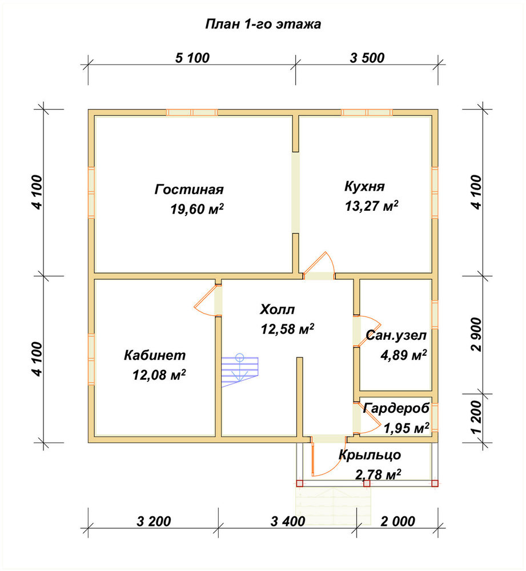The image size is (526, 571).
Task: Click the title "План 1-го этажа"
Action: pos(263,24)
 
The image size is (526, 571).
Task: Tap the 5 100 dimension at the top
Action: pos(192,58)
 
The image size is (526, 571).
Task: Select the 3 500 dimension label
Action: pos(367,58)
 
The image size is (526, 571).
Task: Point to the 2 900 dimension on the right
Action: pos(476,334)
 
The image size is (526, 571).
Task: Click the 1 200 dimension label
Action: pos(476,418)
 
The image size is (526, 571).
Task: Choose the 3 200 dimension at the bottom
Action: pos(154,521)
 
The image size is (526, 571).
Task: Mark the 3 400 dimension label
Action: pos(288,521)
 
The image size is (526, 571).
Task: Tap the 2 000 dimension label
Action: pos(397,521)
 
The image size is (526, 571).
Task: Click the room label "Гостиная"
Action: pos(189,190)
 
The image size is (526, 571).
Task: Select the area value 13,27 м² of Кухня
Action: pos(372,206)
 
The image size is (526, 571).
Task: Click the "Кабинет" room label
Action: pos(155,355)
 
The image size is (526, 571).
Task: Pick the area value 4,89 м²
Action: pos(404,355)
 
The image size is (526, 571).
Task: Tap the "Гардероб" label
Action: pos(396,408)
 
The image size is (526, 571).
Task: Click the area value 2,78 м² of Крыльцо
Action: pos(378,475)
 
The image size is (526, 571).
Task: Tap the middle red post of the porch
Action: pos(367,483)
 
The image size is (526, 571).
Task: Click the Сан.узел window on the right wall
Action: pos(435,315)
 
